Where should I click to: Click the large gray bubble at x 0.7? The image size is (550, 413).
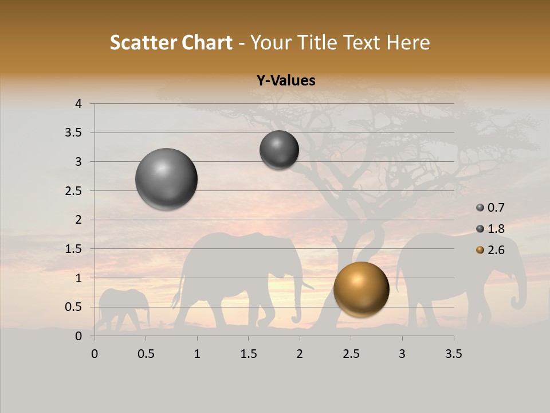coord(167,179)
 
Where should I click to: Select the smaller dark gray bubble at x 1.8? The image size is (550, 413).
coord(279,150)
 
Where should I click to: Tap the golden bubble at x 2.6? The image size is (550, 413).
coord(361,289)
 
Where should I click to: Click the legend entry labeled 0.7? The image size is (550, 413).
coord(490,208)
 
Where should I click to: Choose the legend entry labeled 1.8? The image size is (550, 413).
coord(490,229)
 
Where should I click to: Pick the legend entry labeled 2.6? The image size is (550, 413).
coord(490,250)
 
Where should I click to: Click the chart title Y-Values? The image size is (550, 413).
coord(286,81)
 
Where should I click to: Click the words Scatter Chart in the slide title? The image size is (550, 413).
coord(171,42)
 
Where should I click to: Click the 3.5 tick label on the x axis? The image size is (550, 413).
coord(453,354)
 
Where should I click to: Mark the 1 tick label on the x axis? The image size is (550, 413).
coord(197,354)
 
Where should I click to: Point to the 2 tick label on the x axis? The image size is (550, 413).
coord(300,354)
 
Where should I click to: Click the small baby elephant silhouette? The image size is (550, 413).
coord(123,307)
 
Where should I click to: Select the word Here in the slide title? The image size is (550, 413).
coord(409,42)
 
